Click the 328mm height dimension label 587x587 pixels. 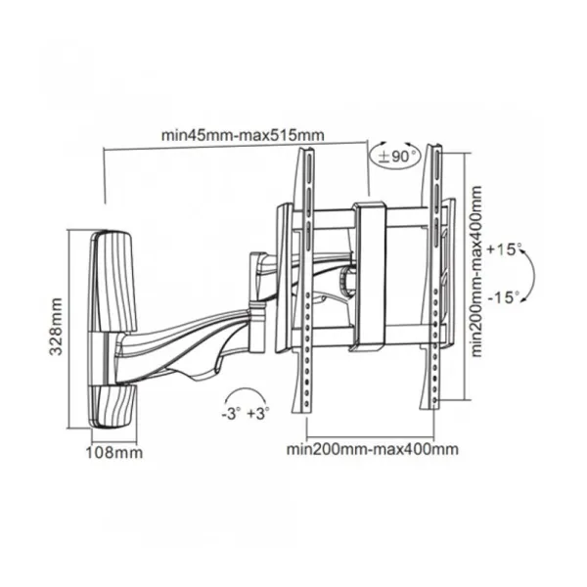56,327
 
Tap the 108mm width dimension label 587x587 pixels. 114,453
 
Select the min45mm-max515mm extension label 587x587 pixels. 243,135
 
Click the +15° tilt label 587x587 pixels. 504,249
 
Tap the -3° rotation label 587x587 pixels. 230,414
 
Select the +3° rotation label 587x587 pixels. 258,414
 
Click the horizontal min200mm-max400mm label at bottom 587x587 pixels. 372,449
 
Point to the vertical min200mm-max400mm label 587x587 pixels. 475,271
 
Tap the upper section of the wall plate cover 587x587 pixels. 111,282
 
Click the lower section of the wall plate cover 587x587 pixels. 113,407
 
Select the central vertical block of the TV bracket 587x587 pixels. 370,273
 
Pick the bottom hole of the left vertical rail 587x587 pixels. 306,404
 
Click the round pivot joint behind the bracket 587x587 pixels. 346,279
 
